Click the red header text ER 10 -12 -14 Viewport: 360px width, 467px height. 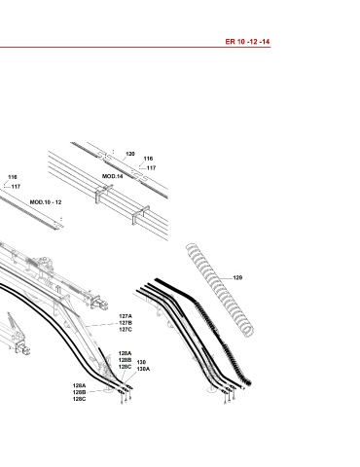click(247, 42)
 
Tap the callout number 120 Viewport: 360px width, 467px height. click(130, 154)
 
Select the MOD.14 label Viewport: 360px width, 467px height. click(113, 176)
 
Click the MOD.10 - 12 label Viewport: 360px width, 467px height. click(46, 202)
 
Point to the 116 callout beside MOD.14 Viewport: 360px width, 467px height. click(148, 159)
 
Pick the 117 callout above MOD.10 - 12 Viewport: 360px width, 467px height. click(16, 187)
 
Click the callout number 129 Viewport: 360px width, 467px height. click(237, 278)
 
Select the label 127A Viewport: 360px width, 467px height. click(126, 316)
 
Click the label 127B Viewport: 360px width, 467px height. click(126, 323)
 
